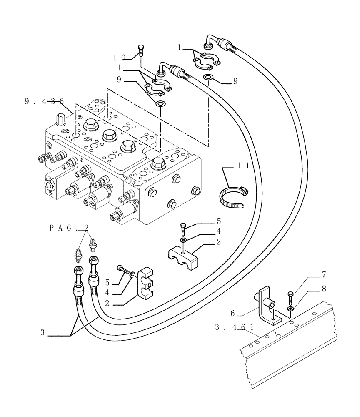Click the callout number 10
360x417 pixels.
pyautogui.click(x=119, y=57)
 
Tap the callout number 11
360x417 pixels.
pyautogui.click(x=244, y=166)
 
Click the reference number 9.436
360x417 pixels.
pyautogui.click(x=44, y=100)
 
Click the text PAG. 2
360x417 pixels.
pyautogui.click(x=69, y=228)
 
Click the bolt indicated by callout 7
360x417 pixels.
pyautogui.click(x=290, y=298)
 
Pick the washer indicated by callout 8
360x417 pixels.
pyautogui.click(x=290, y=309)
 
